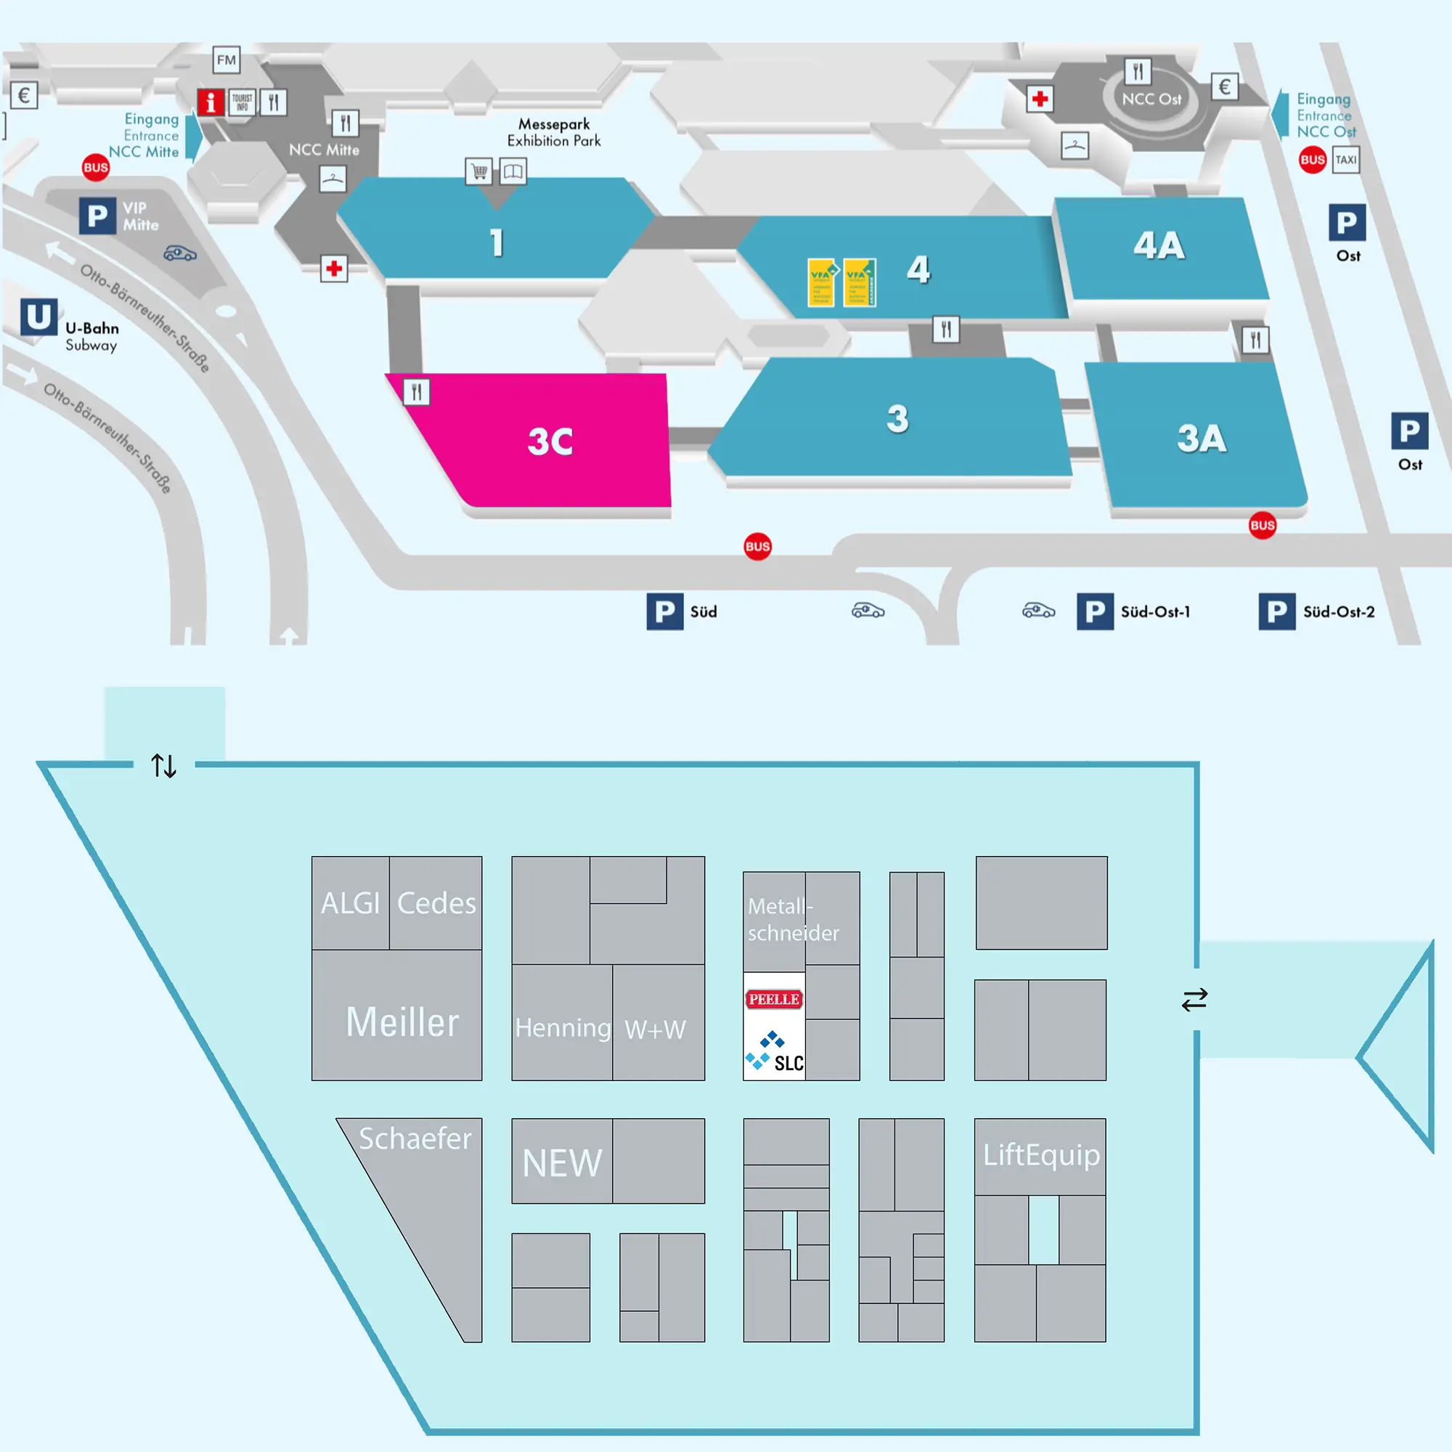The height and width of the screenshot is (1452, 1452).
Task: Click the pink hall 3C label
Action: coord(550,441)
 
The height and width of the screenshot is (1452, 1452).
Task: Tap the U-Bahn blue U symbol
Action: coord(39,317)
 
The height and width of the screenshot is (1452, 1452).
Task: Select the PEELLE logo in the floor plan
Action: coord(773,999)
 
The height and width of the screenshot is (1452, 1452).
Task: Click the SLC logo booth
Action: coord(774,1053)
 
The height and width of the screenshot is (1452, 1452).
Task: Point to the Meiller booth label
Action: coord(402,1022)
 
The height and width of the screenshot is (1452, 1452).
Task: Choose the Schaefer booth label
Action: coord(415,1138)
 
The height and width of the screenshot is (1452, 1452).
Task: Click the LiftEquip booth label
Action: coord(1041,1154)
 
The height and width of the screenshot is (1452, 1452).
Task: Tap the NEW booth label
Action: coord(562,1162)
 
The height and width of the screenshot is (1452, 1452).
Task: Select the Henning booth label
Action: coord(563,1027)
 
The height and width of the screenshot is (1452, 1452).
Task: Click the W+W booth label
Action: coord(656,1029)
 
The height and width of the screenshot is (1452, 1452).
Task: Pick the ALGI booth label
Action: coord(350,902)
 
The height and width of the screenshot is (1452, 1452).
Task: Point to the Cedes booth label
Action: coord(436,902)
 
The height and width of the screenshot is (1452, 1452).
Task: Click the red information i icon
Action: coord(211,102)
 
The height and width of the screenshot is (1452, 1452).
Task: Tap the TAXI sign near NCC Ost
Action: coord(1345,159)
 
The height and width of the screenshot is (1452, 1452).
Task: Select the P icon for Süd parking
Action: coord(664,612)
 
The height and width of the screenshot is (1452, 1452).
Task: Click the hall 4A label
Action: coord(1159,246)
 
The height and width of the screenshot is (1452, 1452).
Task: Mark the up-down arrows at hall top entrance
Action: coord(164,766)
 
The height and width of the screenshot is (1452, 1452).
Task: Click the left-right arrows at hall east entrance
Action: coord(1194,1000)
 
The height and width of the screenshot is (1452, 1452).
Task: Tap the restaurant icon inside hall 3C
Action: coord(416,391)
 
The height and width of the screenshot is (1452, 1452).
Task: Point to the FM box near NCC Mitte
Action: coord(227,60)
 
